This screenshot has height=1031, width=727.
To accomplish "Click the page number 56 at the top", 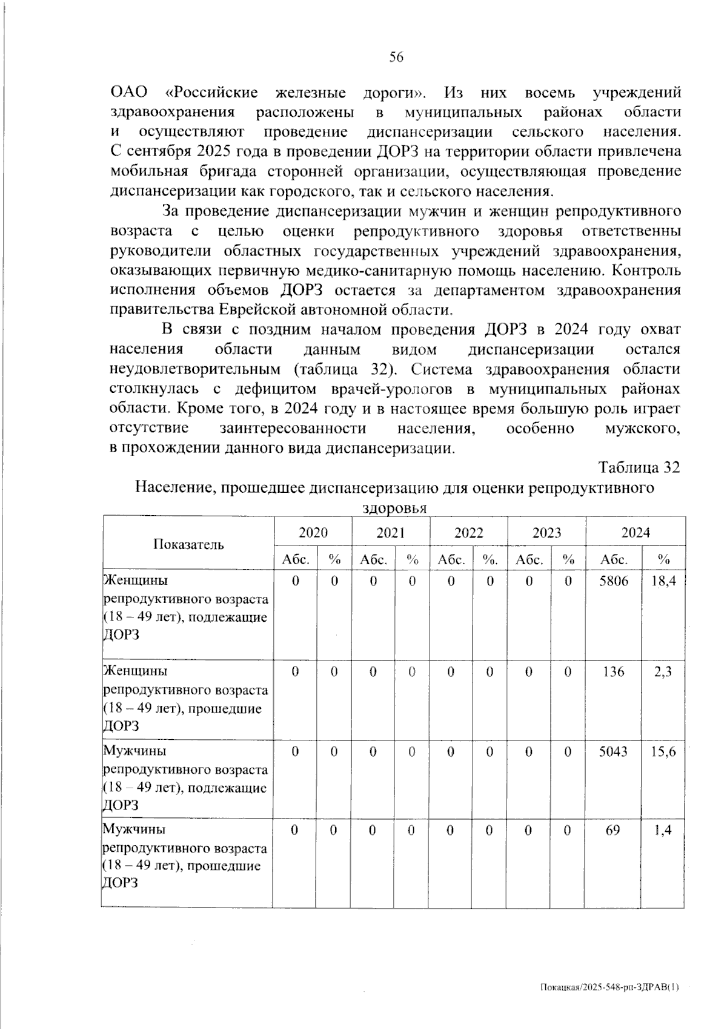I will [x=396, y=58].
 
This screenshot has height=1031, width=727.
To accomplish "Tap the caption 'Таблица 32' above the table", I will [x=639, y=468].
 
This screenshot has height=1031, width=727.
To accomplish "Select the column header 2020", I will [x=313, y=533].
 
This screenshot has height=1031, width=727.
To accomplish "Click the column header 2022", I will [x=468, y=533].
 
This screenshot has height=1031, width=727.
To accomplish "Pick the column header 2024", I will [x=635, y=533].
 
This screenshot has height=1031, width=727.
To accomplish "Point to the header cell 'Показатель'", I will [x=188, y=544].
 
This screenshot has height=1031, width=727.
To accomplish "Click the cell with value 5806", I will [x=613, y=581].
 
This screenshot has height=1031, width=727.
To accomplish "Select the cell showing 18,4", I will [x=663, y=581].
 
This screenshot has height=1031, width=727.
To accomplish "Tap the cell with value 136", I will [x=613, y=671].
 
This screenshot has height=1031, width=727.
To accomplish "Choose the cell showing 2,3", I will [x=663, y=671].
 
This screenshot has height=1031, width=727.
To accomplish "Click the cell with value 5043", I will [x=613, y=751].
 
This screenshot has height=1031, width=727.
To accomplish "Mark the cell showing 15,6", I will [x=663, y=751].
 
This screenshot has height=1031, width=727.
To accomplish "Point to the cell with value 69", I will [x=613, y=829].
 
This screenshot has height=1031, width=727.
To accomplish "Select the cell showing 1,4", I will [x=663, y=829].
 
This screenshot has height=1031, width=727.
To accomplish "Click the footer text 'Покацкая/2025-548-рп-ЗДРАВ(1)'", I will [x=609, y=987].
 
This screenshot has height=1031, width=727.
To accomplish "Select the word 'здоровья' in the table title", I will [x=394, y=508].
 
